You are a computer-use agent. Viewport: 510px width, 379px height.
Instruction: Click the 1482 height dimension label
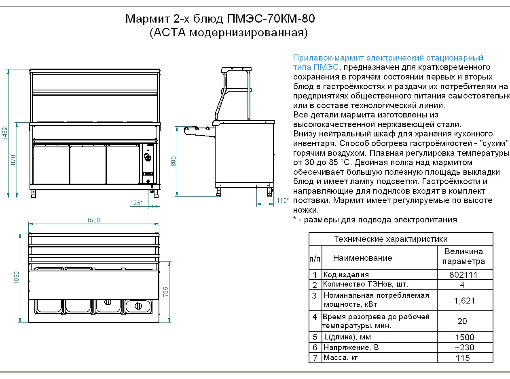pyautogui.click(x=5, y=133)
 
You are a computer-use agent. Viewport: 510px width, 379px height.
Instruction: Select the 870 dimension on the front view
pyautogui.click(x=13, y=160)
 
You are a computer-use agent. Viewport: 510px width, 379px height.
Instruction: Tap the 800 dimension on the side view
pyautogui.click(x=174, y=161)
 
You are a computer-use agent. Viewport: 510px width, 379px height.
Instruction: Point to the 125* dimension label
pyautogui.click(x=136, y=203)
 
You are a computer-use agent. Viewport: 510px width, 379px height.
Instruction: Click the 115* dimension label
pyautogui.click(x=283, y=201)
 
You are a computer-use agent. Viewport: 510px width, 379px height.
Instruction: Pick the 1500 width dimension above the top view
pyautogui.click(x=93, y=220)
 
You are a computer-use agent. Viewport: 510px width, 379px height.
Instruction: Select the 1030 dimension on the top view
pyautogui.click(x=16, y=278)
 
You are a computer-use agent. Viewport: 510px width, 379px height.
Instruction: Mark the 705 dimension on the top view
pyautogui.click(x=165, y=292)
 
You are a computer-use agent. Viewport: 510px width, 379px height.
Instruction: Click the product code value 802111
pyautogui.click(x=463, y=275)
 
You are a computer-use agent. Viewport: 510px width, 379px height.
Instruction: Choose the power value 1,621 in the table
pyautogui.click(x=464, y=301)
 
